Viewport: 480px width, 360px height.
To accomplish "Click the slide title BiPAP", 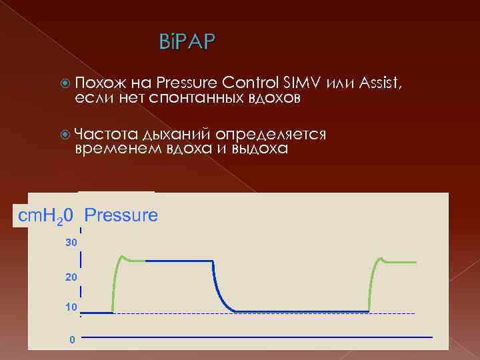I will click(x=187, y=43).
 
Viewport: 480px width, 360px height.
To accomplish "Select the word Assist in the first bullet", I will click(x=379, y=83).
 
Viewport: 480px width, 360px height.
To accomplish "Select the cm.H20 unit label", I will click(x=46, y=215).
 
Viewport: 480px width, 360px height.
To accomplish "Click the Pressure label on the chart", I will click(x=121, y=215).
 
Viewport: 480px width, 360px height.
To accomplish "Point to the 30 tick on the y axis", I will click(x=71, y=243).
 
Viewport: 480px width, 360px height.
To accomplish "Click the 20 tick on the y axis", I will click(x=71, y=276).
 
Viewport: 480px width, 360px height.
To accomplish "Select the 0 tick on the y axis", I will click(x=72, y=340).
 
